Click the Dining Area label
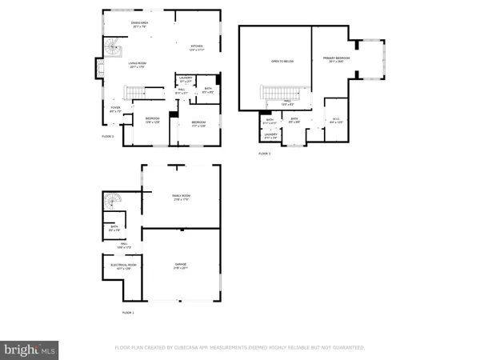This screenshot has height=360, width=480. coord(141,24)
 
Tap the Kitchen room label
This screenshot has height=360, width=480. coord(196,47)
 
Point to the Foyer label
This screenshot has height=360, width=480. coord(114,110)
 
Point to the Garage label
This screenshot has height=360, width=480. coord(181,266)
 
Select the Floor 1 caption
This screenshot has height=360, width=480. coord(128,312)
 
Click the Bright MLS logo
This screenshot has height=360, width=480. coord(30,350)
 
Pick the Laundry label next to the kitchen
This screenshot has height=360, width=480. coord(186,80)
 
